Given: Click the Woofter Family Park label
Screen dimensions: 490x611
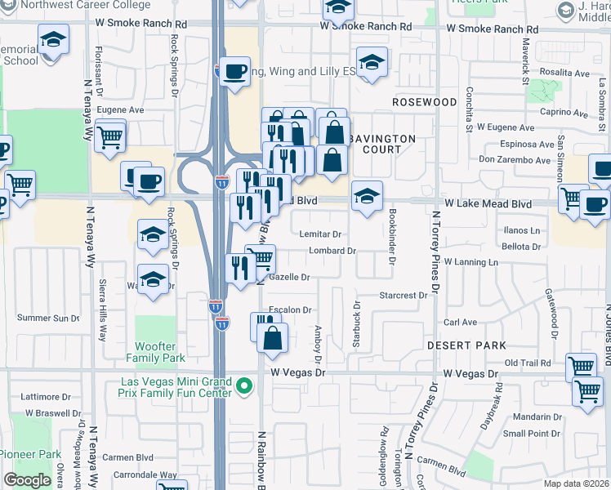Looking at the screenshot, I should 155,352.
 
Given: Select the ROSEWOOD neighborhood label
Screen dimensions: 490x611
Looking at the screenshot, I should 424,102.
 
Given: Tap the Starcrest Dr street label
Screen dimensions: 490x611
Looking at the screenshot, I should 404,295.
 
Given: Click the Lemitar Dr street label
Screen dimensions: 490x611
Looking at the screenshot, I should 319,234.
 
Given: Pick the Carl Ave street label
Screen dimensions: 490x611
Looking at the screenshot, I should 460,323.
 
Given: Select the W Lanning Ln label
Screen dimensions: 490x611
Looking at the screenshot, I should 471,262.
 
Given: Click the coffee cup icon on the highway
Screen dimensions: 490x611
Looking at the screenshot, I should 234,70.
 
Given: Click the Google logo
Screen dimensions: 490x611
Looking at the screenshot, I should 27,480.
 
